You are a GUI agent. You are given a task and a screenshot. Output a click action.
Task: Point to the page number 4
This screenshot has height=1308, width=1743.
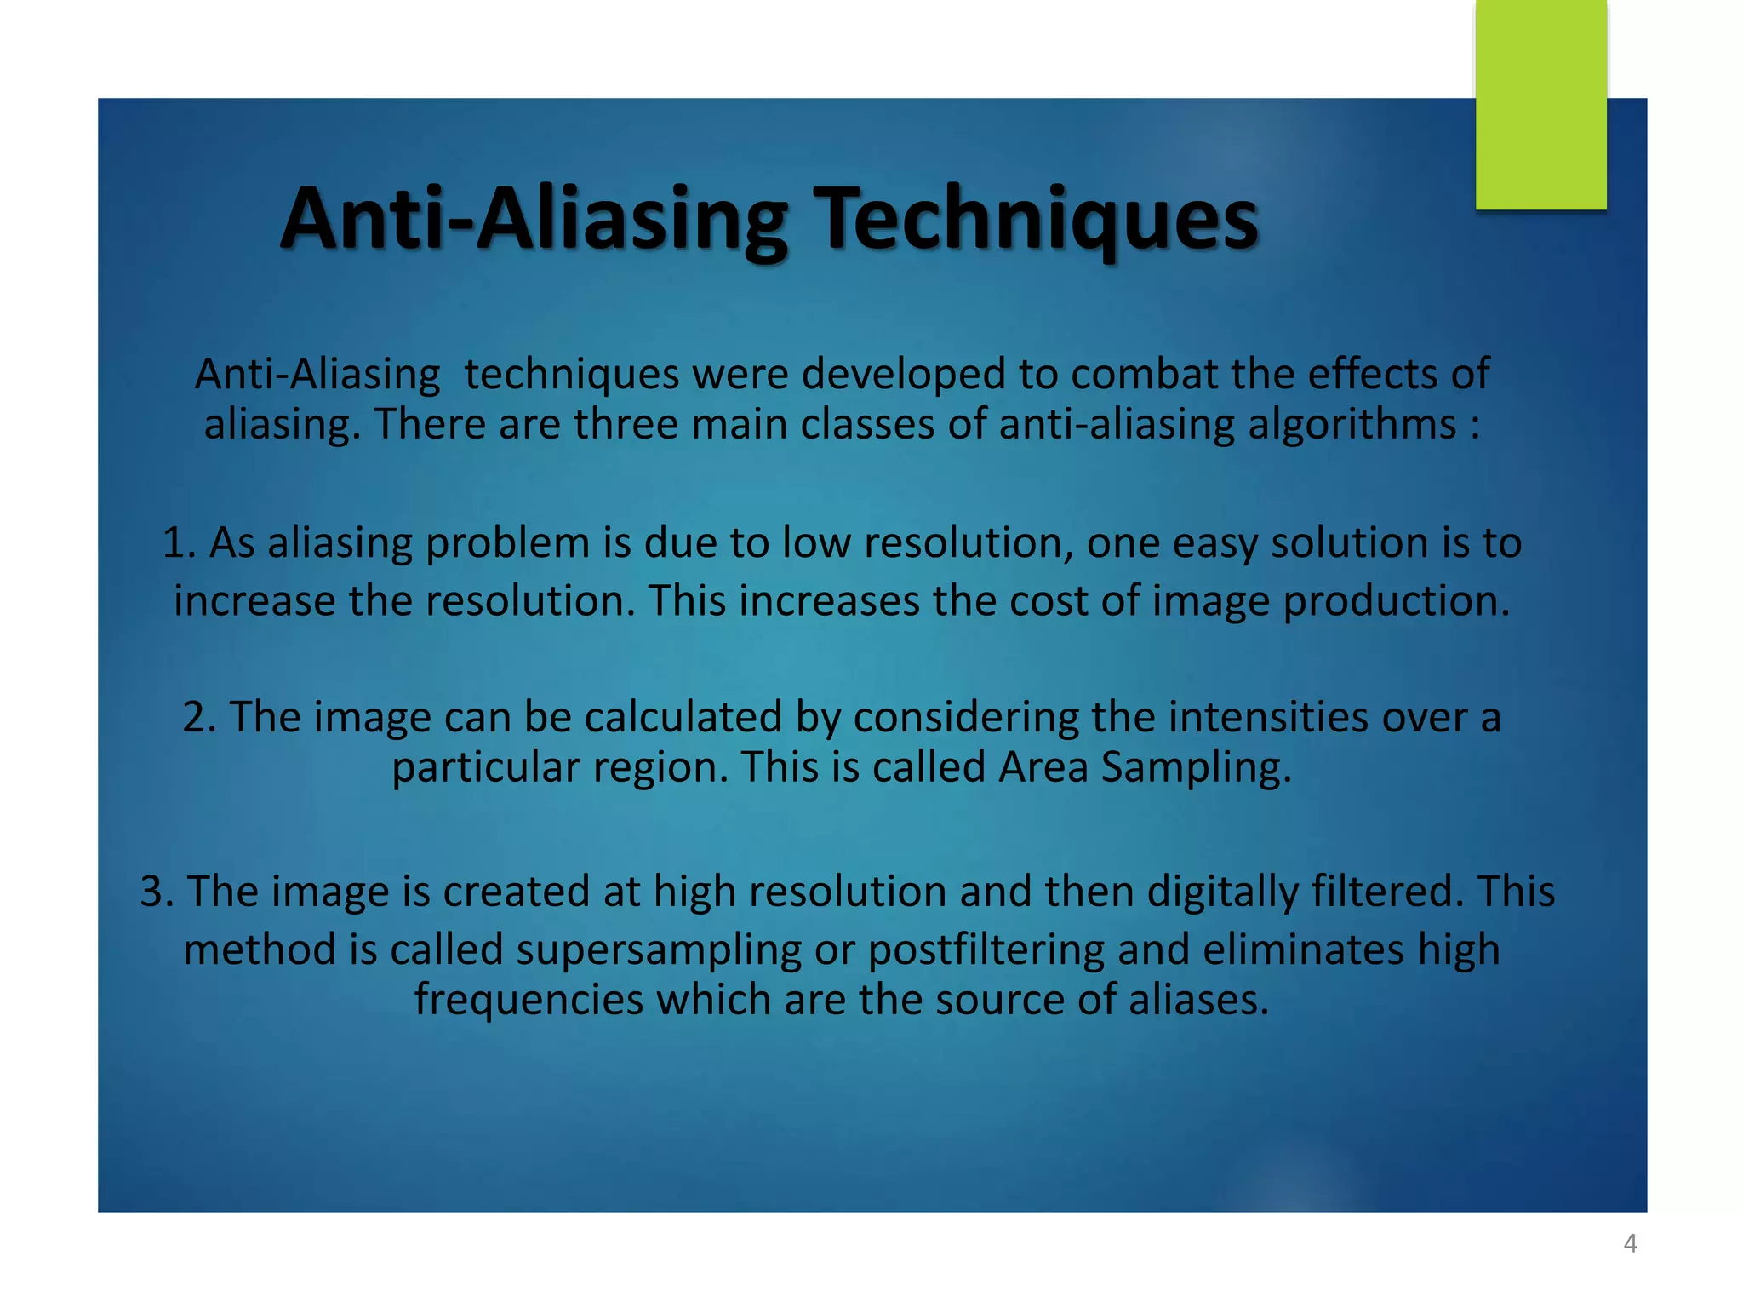(x=1630, y=1243)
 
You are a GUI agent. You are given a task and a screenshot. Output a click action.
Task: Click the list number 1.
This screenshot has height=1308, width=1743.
(x=177, y=543)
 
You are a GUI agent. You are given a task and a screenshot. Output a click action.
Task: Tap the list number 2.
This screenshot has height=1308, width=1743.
(x=198, y=717)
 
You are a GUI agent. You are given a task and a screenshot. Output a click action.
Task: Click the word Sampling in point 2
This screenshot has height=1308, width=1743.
(x=1196, y=766)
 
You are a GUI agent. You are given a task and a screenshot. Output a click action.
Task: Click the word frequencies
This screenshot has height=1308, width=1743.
(x=529, y=1000)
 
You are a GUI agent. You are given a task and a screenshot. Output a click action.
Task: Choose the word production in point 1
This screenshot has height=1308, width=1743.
(x=1396, y=601)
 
